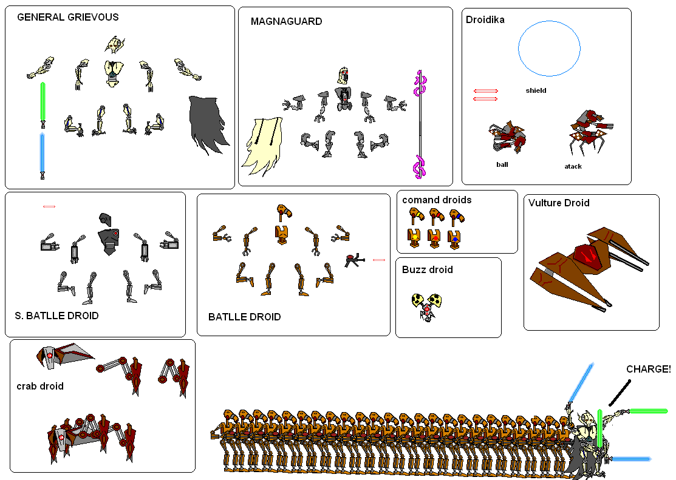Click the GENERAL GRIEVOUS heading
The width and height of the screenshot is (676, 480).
point(67,17)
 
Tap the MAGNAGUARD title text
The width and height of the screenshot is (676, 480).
point(286,22)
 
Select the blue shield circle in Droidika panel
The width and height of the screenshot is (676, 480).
point(550,49)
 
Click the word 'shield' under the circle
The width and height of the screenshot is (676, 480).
point(536,90)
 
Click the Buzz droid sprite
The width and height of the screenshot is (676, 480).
point(427,306)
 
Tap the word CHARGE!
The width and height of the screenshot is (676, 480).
point(648,369)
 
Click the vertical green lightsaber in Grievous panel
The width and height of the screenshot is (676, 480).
point(43,104)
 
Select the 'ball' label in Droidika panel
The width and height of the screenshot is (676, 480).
point(502,164)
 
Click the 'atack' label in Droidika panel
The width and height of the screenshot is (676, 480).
point(573,166)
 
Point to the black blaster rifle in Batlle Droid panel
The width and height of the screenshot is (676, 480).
point(354,260)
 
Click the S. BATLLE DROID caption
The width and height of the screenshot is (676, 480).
point(56,316)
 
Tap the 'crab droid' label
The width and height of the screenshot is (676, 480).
point(40,386)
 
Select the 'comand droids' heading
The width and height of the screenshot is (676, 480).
point(437,200)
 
